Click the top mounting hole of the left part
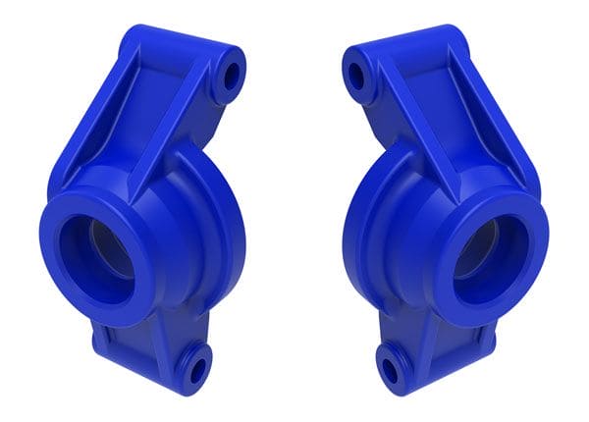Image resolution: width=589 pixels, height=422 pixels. [x=232, y=74]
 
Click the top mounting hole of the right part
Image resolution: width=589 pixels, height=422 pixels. [x=356, y=75]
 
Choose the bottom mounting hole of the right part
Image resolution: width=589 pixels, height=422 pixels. [x=391, y=371]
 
